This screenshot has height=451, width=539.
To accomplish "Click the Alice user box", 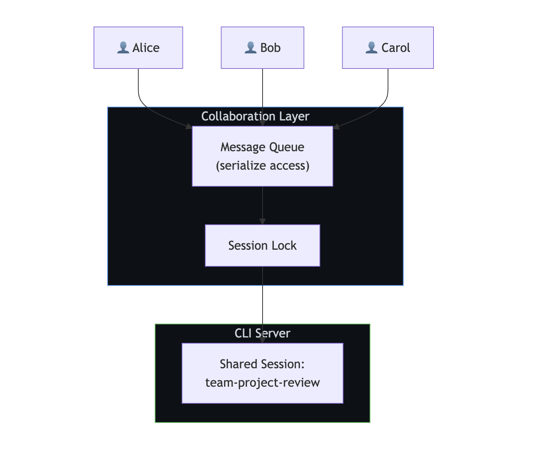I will pos(138,48).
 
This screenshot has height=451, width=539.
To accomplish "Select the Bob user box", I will pos(262,48).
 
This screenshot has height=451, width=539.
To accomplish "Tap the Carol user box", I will pos(388,48).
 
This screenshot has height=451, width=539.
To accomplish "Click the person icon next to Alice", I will pos(123,48).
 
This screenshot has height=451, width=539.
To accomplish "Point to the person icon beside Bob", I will pos(251,48).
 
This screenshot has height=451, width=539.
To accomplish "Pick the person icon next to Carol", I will pos(372,48).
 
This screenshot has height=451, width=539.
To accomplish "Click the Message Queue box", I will pos(262,156).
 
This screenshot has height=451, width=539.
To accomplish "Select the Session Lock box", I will pos(262,246).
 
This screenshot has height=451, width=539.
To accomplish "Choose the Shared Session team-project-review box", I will pos(262,373).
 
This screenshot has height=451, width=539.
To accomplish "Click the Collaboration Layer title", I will pos(255,116).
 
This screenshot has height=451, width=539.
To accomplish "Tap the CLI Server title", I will pos(262,333).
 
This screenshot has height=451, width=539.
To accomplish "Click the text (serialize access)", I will pos(263,166).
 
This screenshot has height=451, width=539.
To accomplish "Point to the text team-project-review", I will pos(263,383).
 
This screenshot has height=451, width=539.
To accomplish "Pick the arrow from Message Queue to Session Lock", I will pos(263,205).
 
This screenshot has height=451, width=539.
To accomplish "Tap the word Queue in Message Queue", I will pos(286,147).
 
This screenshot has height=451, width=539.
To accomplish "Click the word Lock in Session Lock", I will pos(283,246).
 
